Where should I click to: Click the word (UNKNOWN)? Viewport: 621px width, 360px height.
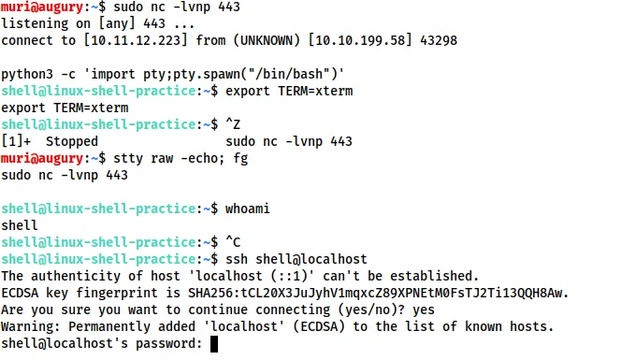[242, 40]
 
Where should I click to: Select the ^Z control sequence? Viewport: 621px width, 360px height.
[233, 123]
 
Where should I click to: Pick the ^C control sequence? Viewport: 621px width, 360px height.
[233, 241]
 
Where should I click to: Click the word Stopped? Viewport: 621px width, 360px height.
[73, 140]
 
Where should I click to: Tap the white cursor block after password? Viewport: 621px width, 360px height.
[214, 343]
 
